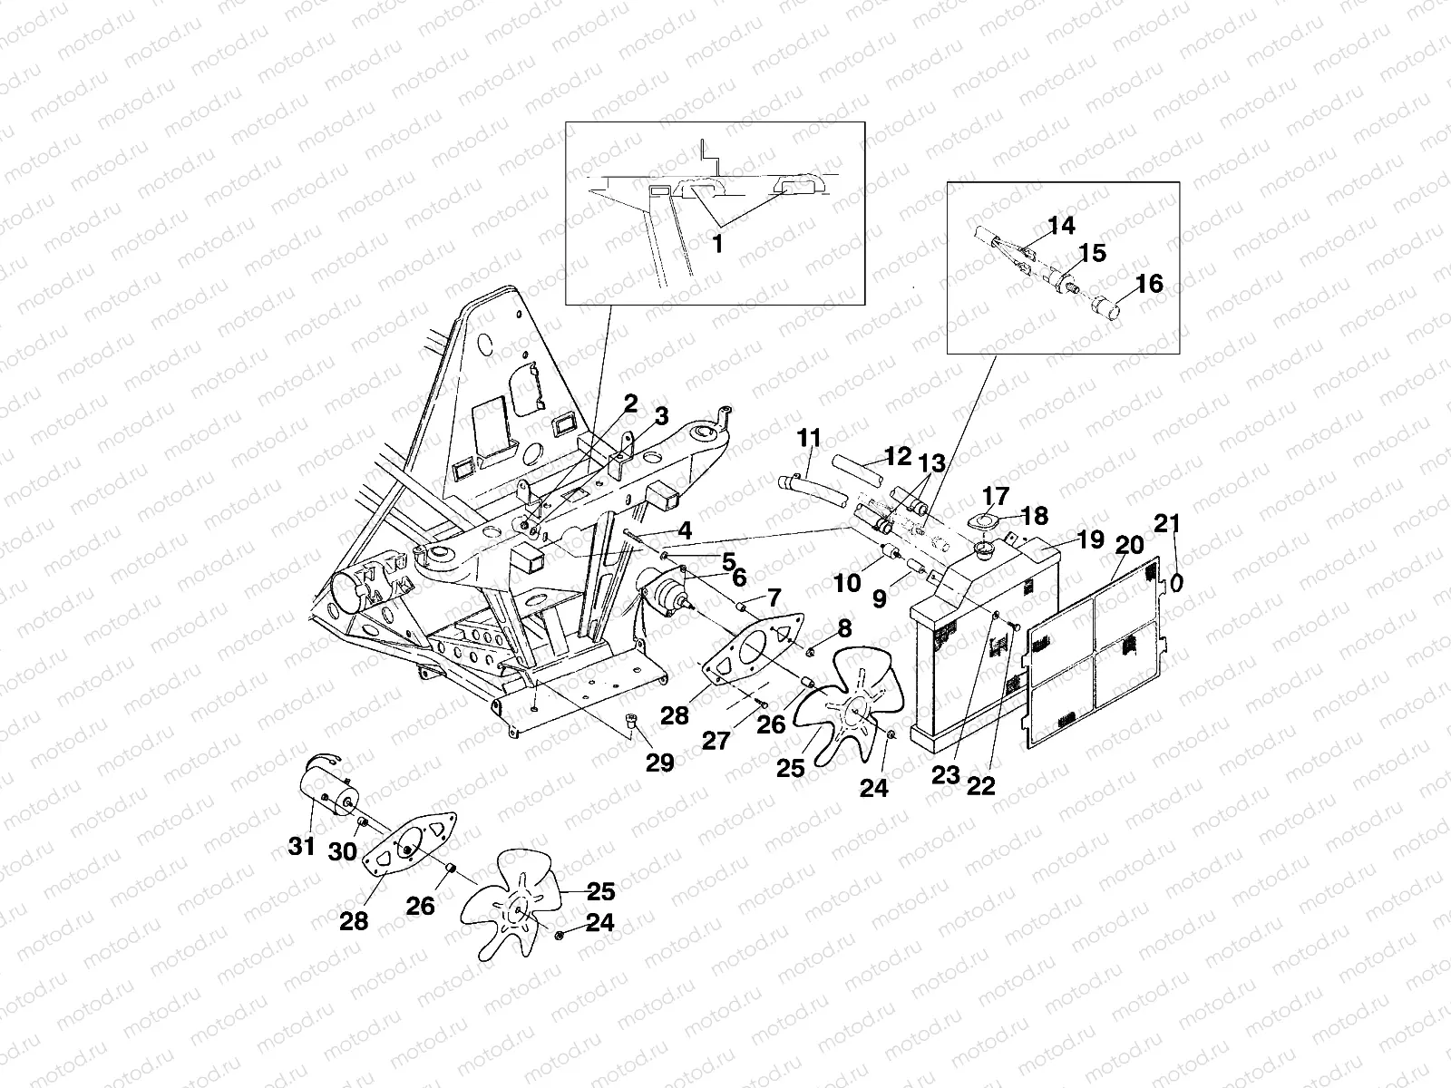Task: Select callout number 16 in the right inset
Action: point(1148,284)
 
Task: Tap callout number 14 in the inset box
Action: point(1061,225)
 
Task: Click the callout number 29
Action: point(659,763)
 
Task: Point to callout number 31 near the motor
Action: point(301,847)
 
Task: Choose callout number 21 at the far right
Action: point(1168,524)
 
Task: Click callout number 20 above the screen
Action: point(1130,545)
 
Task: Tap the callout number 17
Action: point(995,496)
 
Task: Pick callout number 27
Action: point(716,743)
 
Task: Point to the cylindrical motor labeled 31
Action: point(327,787)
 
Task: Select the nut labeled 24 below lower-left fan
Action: point(560,934)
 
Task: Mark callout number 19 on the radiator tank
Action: point(1091,540)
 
